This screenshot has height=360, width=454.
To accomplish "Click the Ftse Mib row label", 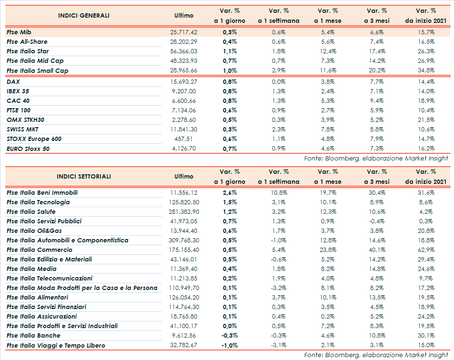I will [x=19, y=32].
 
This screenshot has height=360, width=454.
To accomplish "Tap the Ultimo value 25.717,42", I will [x=183, y=32].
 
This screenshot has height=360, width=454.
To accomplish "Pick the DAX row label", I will [x=13, y=81].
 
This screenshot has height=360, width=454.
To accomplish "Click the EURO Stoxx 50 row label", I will [x=28, y=149].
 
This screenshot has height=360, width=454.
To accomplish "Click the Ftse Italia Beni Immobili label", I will [x=42, y=193].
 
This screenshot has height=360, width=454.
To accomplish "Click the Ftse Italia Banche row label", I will [x=33, y=336].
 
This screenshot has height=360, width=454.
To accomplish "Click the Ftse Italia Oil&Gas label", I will [x=35, y=231].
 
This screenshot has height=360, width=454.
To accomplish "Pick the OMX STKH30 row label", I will [x=25, y=120].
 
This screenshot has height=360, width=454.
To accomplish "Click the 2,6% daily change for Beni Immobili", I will [x=230, y=193].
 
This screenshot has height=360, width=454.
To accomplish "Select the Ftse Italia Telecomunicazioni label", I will [x=50, y=279].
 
